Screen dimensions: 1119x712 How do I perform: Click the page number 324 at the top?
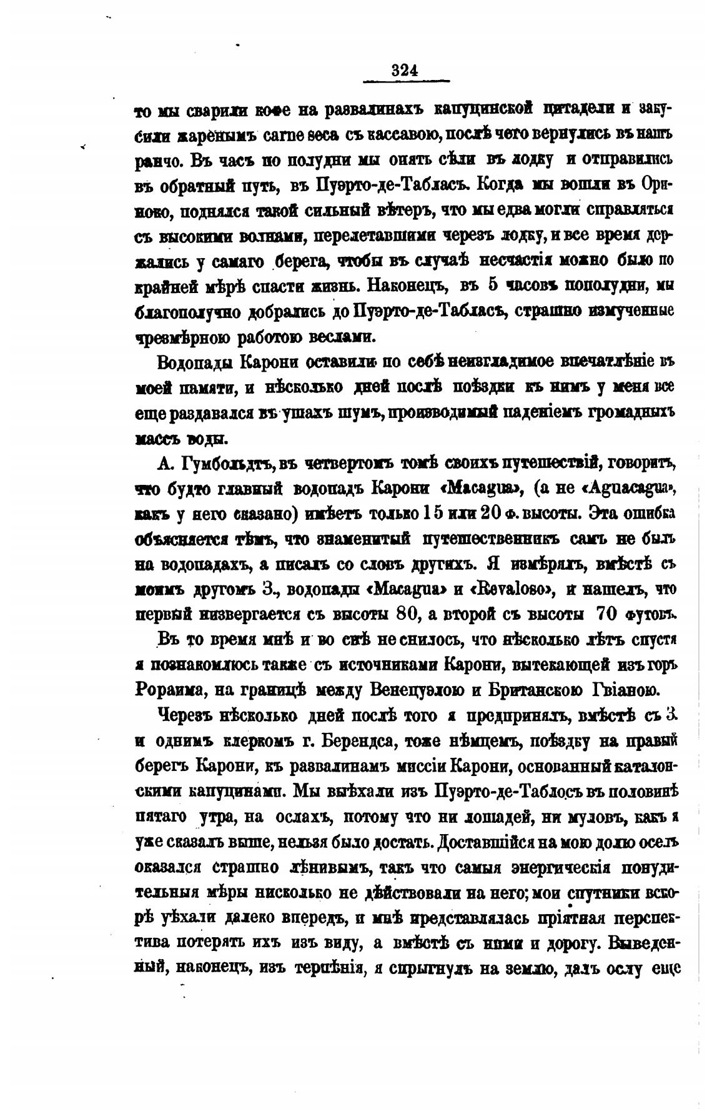pyautogui.click(x=404, y=69)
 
